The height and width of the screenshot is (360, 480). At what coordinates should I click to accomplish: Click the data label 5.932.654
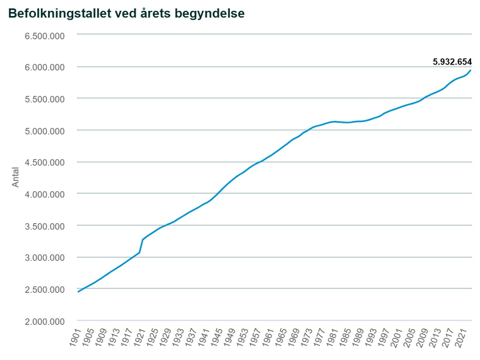(452, 61)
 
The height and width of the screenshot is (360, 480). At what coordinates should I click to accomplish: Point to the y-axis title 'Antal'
(16, 176)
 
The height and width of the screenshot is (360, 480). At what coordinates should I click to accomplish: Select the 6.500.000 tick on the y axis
(44, 35)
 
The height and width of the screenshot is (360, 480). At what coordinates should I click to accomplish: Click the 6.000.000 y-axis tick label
(44, 67)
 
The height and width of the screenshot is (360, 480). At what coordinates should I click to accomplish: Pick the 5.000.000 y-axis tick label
(44, 130)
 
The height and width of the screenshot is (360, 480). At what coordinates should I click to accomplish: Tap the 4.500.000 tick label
(44, 162)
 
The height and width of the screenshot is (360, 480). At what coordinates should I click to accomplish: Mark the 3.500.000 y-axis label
(44, 226)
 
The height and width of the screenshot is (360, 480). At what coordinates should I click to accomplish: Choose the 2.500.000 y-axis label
(44, 289)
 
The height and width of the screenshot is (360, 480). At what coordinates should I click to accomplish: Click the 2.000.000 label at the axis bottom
(44, 321)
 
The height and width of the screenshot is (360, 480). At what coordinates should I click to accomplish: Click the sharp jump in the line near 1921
(141, 246)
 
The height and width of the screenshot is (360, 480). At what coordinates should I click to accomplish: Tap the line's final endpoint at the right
(471, 70)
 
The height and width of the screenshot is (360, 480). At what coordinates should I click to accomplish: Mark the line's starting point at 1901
(79, 292)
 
